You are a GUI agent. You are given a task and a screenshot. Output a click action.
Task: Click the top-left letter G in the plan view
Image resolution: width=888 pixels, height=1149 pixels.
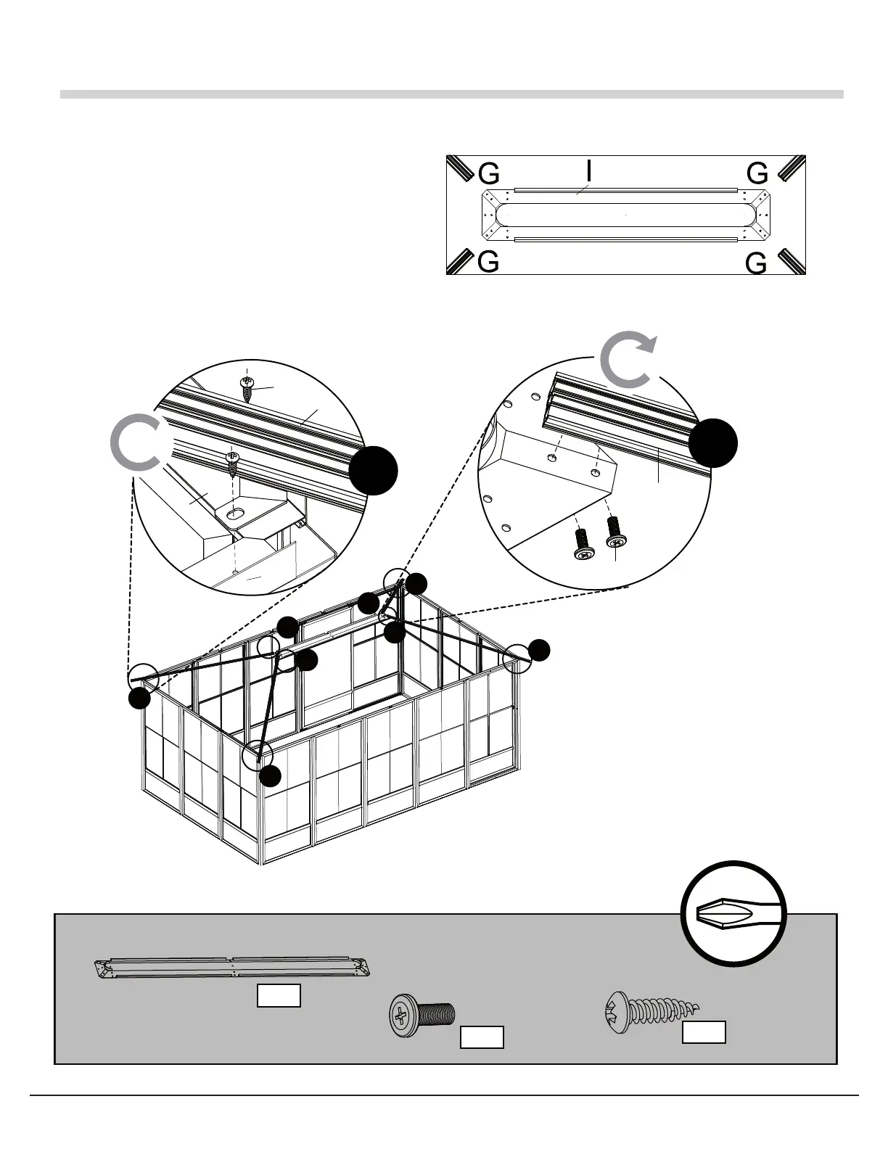click(x=489, y=173)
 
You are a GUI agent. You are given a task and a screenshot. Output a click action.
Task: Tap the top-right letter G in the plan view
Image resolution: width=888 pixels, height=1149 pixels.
click(x=757, y=173)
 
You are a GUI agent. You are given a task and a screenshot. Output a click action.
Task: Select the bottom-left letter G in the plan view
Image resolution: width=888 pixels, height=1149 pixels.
click(x=489, y=262)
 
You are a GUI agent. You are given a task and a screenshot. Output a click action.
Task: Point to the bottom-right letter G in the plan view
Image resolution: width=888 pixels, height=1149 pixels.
click(x=756, y=264)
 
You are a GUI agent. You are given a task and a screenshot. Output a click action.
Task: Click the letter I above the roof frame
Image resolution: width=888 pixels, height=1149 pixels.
click(x=589, y=170)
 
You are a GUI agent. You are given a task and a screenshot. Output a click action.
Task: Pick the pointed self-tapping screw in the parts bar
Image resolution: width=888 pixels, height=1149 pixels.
click(x=651, y=1008)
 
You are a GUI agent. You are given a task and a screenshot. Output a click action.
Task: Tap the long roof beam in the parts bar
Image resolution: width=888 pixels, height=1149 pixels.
click(x=232, y=968)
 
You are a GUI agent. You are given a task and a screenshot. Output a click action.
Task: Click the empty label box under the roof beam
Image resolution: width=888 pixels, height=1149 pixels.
click(x=279, y=996)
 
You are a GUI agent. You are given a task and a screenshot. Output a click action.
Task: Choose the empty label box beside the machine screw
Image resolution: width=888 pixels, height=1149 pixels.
click(x=482, y=1037)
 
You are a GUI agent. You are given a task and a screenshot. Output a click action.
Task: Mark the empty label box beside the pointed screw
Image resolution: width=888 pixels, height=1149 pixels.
click(x=704, y=1032)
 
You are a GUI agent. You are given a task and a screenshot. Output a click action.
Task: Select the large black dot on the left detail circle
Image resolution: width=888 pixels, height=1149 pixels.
click(x=373, y=471)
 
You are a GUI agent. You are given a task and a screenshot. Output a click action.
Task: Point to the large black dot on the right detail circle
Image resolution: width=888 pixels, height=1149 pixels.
click(x=712, y=442)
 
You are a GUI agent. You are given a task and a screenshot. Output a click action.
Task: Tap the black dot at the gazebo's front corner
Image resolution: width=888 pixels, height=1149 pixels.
click(x=270, y=775)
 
